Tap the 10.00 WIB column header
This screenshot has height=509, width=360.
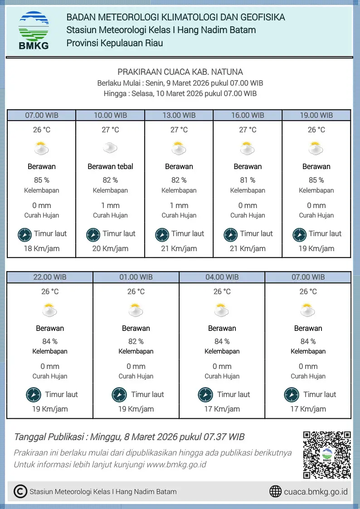(110, 115)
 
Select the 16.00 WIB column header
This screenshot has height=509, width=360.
(248, 115)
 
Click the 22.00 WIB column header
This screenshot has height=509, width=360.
(50, 277)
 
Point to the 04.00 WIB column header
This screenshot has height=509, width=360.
(222, 277)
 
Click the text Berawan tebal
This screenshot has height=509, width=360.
(110, 166)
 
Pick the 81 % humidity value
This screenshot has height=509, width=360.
(248, 180)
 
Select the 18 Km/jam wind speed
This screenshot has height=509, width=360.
(41, 248)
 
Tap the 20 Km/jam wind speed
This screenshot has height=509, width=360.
(110, 248)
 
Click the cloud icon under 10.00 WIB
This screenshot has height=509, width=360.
(110, 148)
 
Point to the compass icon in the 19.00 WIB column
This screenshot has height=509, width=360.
(300, 235)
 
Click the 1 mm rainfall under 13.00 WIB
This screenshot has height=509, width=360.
(179, 205)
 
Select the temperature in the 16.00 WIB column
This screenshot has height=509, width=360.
(248, 130)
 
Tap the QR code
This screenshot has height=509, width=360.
(327, 455)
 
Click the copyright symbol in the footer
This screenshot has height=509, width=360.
(20, 491)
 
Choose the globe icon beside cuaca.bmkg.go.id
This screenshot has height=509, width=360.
(275, 491)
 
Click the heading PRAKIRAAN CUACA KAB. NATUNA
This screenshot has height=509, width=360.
(180, 72)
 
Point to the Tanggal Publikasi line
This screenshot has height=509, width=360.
(129, 437)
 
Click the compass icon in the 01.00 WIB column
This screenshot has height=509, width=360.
(119, 395)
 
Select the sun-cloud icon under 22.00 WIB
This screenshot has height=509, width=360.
(50, 310)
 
